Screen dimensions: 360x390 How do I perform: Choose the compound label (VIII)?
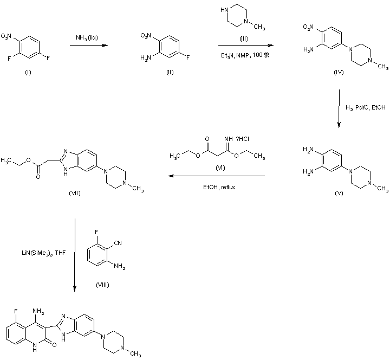(102, 285)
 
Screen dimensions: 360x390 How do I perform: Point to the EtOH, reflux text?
(219, 187)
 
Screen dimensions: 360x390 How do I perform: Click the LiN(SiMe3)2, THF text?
(41, 253)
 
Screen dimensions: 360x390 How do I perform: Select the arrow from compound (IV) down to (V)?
(339, 109)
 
